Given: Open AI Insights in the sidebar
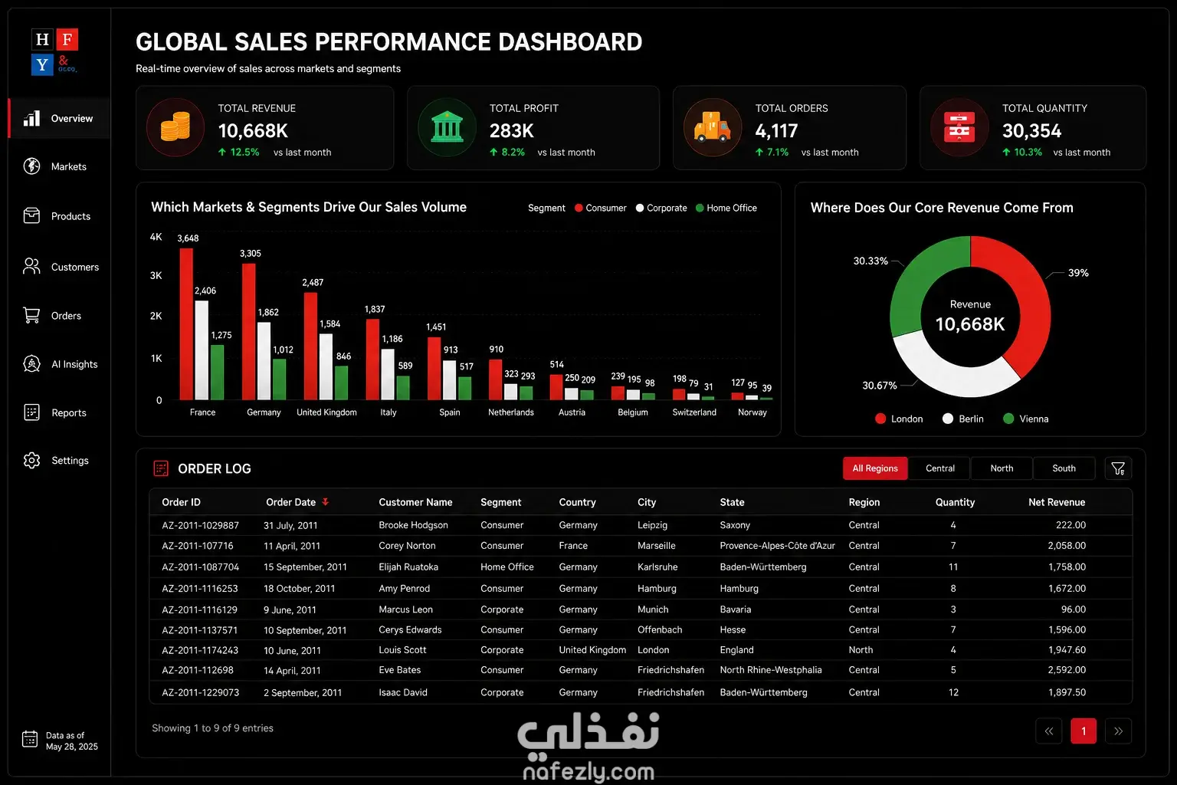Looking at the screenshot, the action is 61,364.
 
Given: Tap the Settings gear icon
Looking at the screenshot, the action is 31,460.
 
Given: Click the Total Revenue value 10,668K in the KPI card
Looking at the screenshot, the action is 253,130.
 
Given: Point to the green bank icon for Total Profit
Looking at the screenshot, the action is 447,127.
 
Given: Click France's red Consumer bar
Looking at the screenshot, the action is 186,324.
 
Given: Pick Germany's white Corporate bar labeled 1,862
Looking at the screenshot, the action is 264,361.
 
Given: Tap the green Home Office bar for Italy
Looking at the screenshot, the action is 403,387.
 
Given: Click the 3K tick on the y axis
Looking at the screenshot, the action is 156,275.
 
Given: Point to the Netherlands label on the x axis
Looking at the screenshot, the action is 511,412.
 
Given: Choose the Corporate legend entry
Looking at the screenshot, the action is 661,208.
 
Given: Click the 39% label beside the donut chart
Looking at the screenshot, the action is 1078,272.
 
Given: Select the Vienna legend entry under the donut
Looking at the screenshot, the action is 1026,419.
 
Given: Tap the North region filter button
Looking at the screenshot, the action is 1002,468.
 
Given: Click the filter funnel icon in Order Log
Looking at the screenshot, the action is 1118,468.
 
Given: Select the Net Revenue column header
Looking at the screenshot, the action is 1057,502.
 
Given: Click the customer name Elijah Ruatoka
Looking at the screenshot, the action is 408,567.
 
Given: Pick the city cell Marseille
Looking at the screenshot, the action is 656,545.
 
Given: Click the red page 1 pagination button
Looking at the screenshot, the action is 1084,731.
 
